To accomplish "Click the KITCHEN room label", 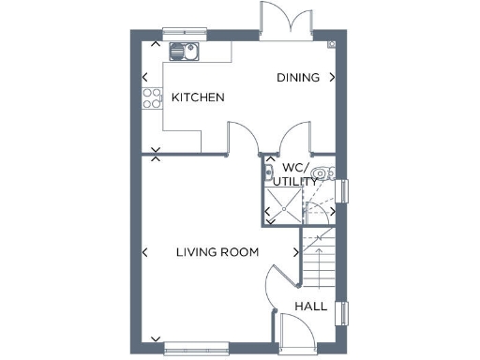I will pos(198,97).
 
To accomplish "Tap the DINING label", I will pos(298,78).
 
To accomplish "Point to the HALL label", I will pos(311,307).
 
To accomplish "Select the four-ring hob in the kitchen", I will pos(151,97).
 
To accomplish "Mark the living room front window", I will pos(197,343).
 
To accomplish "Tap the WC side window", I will pos(342,190).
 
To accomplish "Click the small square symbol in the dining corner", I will pos(331,44).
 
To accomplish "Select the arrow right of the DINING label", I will pos(332,78).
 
